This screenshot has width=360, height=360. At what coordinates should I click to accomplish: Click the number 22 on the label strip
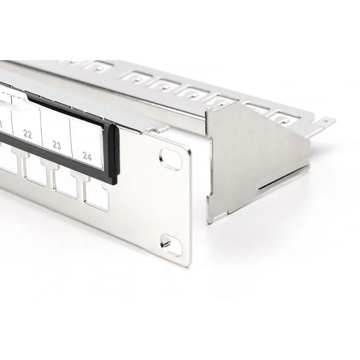coord(27,135)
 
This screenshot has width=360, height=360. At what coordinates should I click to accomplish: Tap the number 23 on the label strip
coord(57,146)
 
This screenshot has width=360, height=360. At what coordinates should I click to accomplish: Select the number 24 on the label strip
coord(87,156)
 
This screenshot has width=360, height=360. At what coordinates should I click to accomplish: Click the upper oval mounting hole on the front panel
coord(171,158)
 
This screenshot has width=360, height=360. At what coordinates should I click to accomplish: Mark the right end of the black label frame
coord(114,154)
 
